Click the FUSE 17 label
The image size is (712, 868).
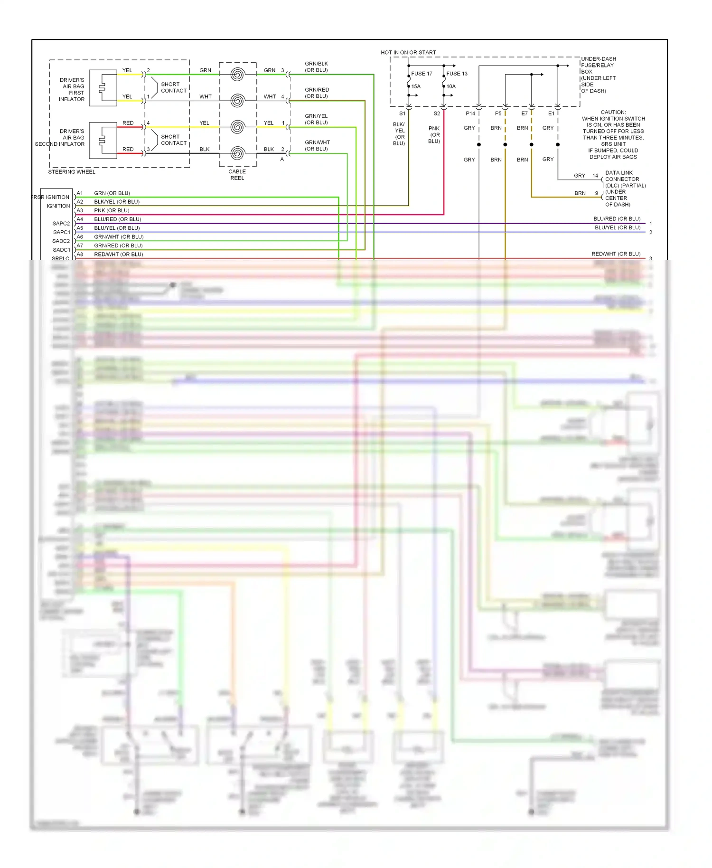[422, 74]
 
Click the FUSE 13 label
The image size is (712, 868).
[457, 74]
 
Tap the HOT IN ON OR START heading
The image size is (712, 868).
[408, 53]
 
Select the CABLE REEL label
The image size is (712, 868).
[237, 175]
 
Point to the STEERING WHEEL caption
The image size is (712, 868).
[72, 172]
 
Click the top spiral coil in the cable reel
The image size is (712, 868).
[237, 75]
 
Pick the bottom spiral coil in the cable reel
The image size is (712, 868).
[237, 153]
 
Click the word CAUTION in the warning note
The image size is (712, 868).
[613, 113]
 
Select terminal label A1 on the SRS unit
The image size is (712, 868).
[80, 193]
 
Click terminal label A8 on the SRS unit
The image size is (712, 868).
[80, 255]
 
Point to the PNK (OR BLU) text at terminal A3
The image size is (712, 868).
[112, 211]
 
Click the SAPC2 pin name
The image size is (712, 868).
[61, 224]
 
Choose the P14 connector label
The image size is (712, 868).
[470, 113]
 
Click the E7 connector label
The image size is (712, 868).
[525, 113]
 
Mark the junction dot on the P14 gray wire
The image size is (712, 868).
[479, 144]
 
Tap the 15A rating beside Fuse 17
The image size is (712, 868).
[416, 86]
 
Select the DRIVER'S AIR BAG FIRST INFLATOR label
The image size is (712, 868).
[72, 90]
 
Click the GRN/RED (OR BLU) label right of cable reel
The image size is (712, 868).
[317, 93]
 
